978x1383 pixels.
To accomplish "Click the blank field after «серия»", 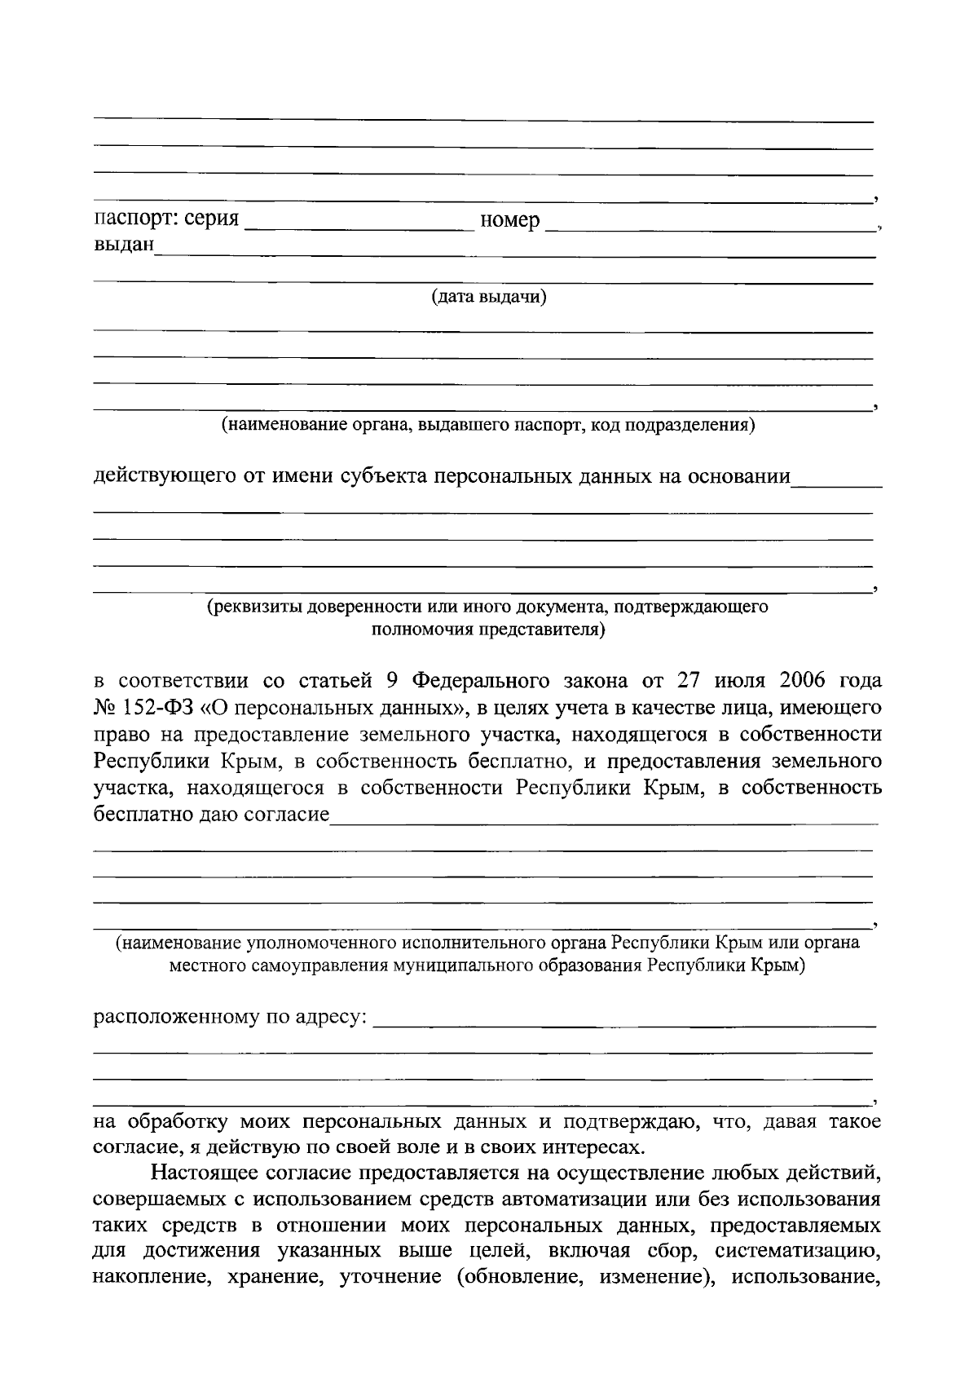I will [x=359, y=223].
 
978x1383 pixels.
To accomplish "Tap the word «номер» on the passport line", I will [x=510, y=220].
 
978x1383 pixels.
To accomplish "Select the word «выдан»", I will [x=124, y=245].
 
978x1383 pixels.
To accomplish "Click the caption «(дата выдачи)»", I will [x=488, y=297].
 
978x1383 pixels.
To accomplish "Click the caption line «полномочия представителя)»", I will [x=488, y=630].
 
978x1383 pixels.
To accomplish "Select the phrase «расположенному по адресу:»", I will [x=231, y=1018].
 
